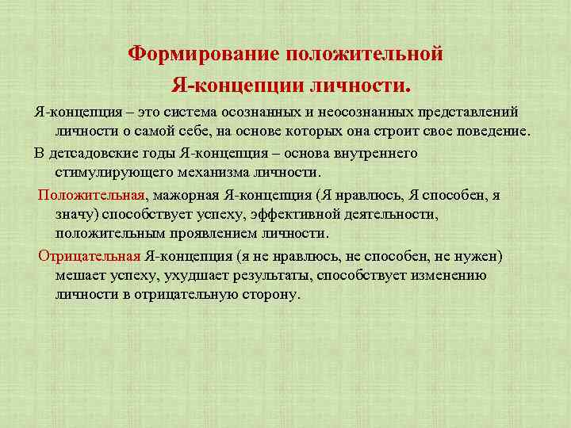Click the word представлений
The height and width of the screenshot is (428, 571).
[468, 110]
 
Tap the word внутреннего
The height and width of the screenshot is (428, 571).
[374, 153]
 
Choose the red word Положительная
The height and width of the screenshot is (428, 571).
[91, 195]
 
